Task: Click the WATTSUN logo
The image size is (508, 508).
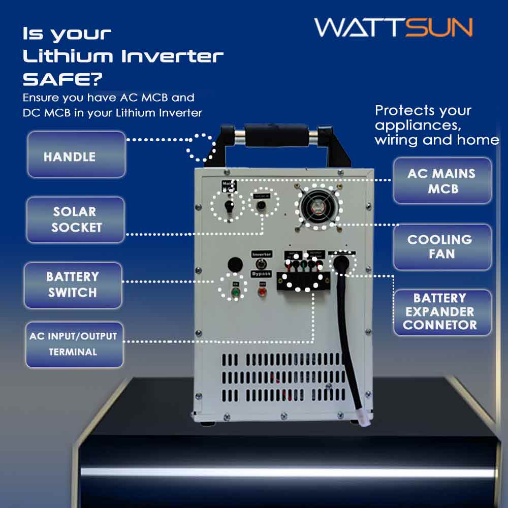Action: click(x=393, y=27)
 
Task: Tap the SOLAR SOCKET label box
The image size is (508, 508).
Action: click(x=75, y=219)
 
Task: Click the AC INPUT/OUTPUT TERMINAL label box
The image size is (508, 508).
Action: click(x=74, y=344)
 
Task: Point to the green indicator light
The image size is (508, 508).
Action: click(x=235, y=292)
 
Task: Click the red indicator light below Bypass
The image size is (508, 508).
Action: click(x=263, y=292)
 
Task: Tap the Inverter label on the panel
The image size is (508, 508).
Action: click(x=262, y=253)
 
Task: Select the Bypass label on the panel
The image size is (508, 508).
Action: click(x=262, y=274)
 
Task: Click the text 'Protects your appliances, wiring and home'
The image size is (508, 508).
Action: click(x=436, y=125)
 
